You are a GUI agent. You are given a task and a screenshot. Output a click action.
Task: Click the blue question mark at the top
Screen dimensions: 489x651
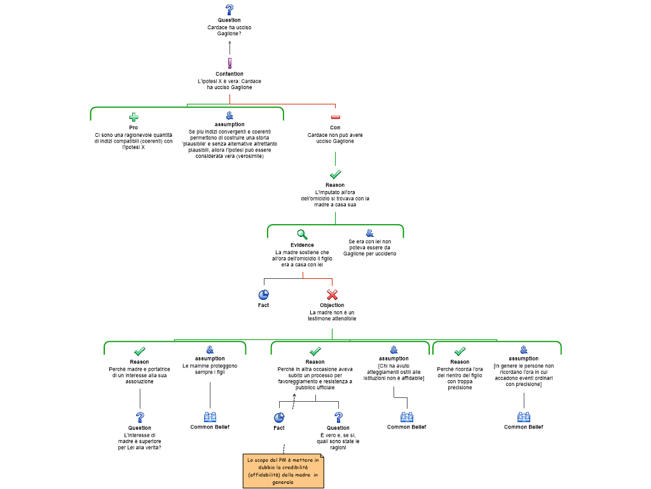pyautogui.click(x=230, y=10)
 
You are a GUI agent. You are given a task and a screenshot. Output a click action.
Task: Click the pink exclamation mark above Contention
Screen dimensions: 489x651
pyautogui.click(x=230, y=64)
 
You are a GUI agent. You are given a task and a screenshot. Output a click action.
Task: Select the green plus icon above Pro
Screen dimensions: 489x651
pyautogui.click(x=134, y=117)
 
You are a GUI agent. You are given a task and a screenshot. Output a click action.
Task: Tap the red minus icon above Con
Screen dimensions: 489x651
pyautogui.click(x=335, y=117)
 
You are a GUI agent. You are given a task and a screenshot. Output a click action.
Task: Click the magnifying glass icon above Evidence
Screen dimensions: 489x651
pyautogui.click(x=303, y=235)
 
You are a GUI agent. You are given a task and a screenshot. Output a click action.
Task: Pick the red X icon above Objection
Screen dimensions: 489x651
pyautogui.click(x=332, y=295)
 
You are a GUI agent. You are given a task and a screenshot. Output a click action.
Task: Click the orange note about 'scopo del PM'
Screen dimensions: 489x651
pyautogui.click(x=284, y=471)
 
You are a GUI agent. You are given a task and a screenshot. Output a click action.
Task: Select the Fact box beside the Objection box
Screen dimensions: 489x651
pyautogui.click(x=264, y=304)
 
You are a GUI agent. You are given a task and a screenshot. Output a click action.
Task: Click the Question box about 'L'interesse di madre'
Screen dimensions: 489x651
pyautogui.click(x=140, y=431)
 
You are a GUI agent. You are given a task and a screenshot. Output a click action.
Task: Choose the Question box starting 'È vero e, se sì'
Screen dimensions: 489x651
pyautogui.click(x=338, y=431)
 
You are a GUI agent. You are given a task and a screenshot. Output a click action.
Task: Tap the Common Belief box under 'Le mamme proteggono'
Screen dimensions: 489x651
pyautogui.click(x=210, y=429)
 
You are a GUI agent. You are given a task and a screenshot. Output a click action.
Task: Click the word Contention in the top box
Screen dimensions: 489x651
pyautogui.click(x=230, y=74)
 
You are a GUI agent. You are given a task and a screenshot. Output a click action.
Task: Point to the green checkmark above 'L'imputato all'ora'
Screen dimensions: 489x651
pyautogui.click(x=336, y=174)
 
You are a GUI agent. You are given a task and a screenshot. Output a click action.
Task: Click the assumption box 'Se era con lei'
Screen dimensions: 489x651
pyautogui.click(x=370, y=245)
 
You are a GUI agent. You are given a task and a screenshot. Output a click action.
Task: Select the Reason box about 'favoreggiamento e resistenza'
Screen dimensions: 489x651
pyautogui.click(x=315, y=369)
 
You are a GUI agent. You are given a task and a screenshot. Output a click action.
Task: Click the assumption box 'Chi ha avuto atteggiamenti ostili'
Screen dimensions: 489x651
pyautogui.click(x=394, y=364)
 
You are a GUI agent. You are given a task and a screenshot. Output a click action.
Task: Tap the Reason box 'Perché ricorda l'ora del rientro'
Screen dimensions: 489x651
pyautogui.click(x=460, y=369)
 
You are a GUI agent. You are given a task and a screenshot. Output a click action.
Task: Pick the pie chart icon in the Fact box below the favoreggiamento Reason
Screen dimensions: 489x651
pyautogui.click(x=279, y=418)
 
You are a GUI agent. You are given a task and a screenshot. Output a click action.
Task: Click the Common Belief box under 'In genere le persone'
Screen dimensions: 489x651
pyautogui.click(x=524, y=429)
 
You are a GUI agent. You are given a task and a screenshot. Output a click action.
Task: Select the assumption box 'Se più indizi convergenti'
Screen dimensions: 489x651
pyautogui.click(x=230, y=139)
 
